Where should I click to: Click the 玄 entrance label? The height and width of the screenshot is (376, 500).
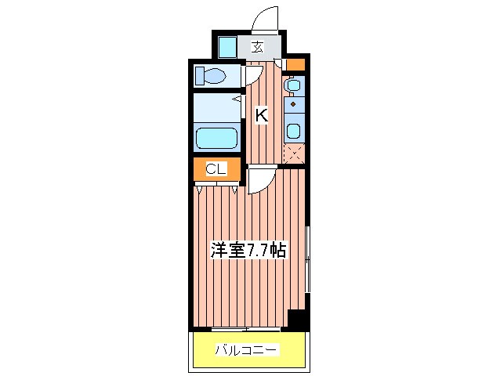[x=257, y=47]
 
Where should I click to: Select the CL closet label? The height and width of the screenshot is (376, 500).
[x=216, y=168]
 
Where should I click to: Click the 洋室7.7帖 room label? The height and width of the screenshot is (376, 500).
[x=248, y=251]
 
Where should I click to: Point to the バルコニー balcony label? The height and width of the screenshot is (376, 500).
[x=246, y=350]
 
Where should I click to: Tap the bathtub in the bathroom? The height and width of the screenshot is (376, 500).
[x=216, y=138]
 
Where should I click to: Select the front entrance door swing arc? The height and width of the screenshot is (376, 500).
[x=265, y=20]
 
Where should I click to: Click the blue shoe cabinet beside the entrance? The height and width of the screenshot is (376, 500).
[x=226, y=47]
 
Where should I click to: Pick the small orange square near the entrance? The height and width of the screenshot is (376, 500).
[x=295, y=64]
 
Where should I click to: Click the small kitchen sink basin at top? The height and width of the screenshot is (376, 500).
[x=293, y=84]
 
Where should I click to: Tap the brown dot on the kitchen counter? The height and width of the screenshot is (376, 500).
[x=293, y=103]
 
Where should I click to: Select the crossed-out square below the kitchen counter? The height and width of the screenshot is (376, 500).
[x=294, y=154]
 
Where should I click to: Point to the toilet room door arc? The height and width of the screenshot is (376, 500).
[x=254, y=74]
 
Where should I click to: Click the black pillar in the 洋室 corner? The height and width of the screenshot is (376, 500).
[x=297, y=319]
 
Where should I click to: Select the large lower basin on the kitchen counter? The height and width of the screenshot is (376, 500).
[x=293, y=129]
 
